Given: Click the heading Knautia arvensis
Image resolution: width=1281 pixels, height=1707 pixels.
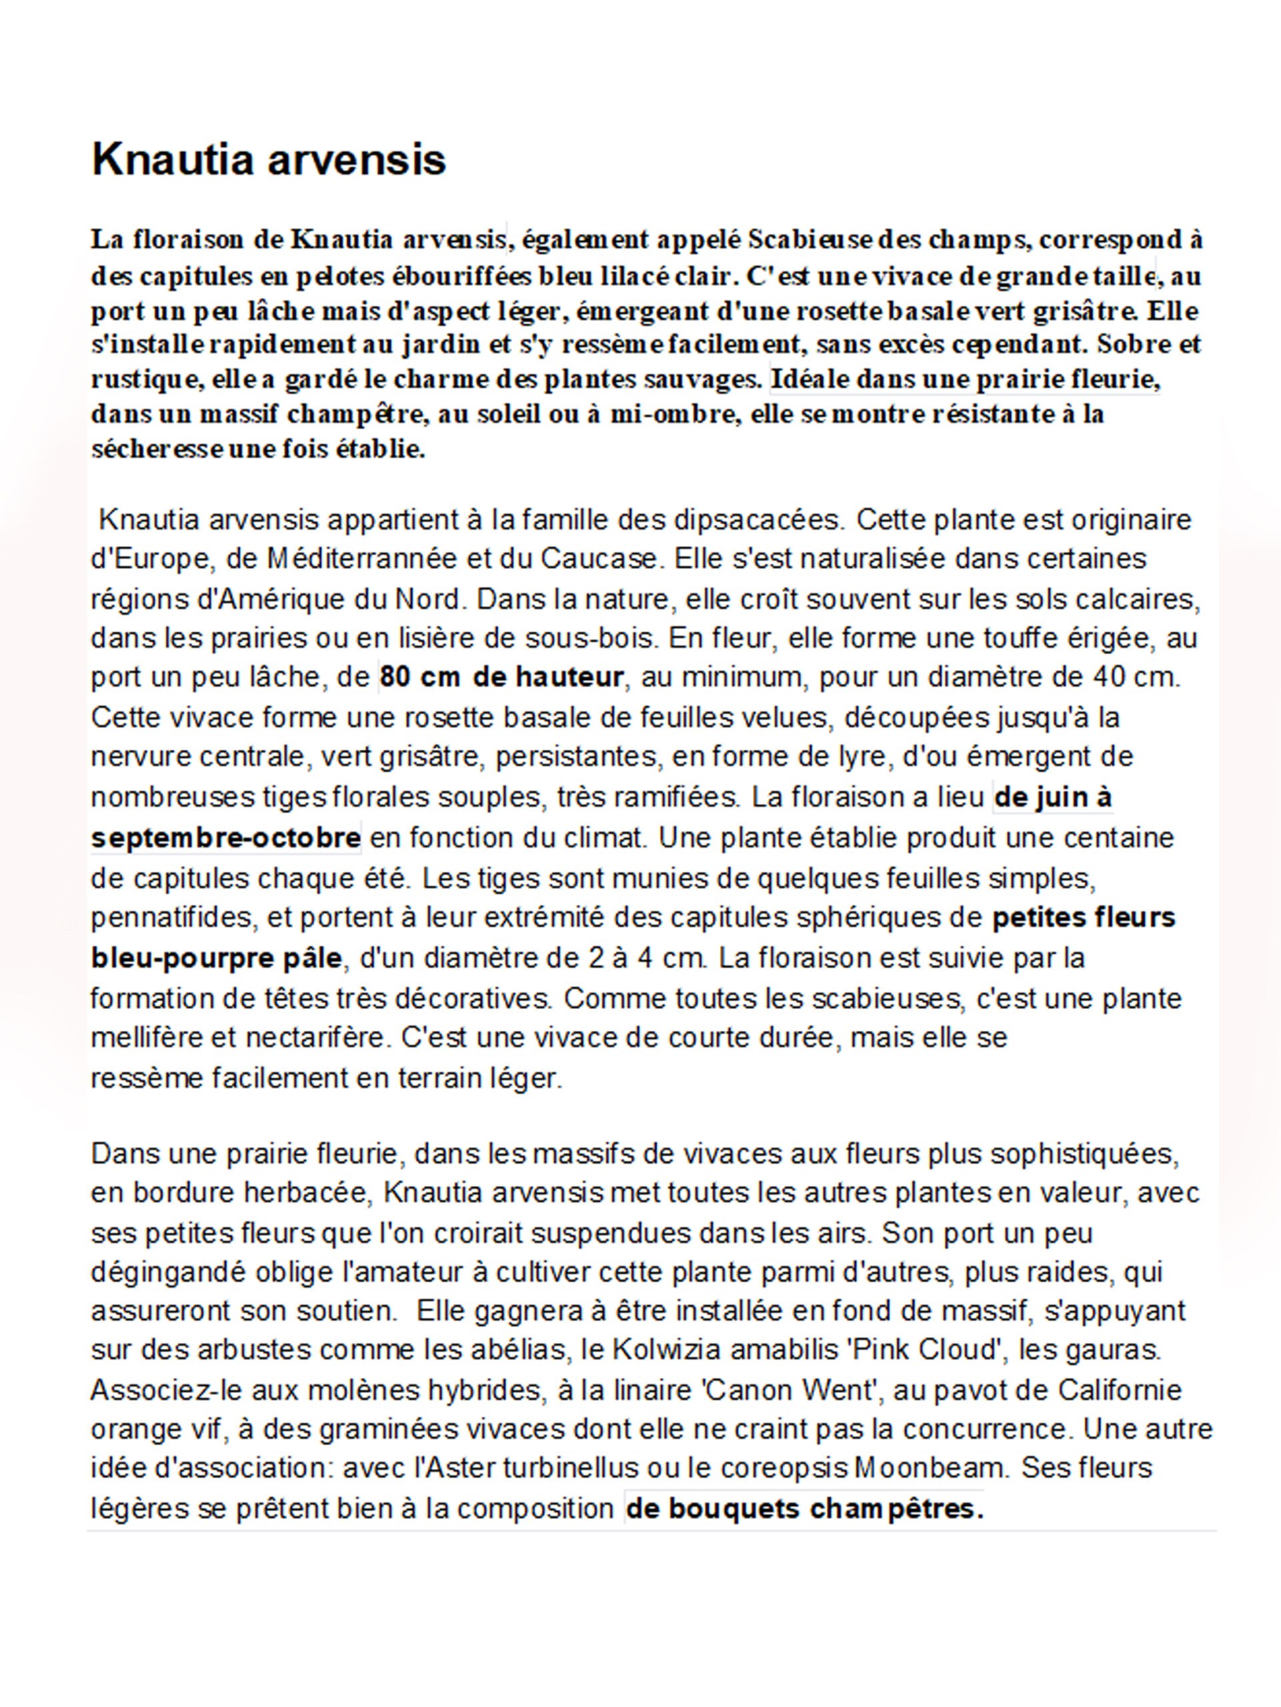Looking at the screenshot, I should [269, 160].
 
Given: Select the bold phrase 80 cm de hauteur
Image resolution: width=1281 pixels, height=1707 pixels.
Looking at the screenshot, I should [501, 677].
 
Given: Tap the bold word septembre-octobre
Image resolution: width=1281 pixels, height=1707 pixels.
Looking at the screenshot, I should [225, 838].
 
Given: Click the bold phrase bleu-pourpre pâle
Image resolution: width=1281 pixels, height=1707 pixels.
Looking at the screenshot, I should [216, 958].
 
